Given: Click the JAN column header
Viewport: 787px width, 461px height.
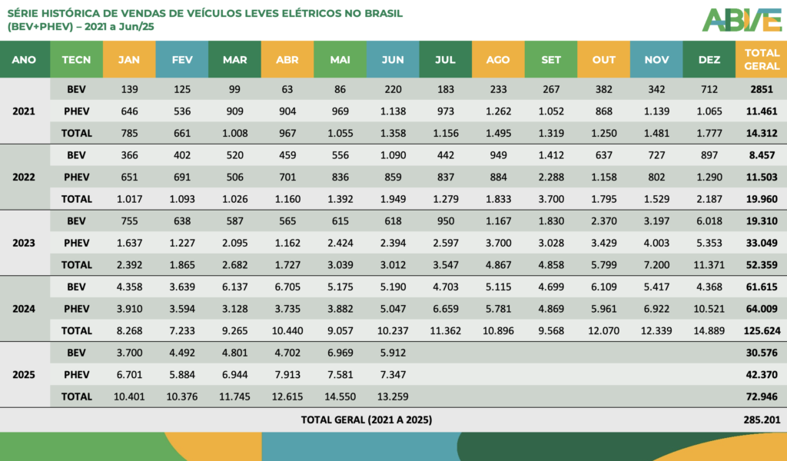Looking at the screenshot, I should point(128,59).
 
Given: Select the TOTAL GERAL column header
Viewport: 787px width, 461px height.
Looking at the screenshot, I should point(761,59).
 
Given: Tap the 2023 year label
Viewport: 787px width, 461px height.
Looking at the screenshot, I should point(24,243).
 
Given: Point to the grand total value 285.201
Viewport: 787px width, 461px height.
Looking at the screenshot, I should point(761,420).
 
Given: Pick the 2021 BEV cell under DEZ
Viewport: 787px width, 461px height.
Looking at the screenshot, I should point(708,89).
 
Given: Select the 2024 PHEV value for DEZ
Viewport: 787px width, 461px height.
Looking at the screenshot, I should point(708,309).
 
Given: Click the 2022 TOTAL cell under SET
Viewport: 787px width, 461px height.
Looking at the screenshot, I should point(550,199).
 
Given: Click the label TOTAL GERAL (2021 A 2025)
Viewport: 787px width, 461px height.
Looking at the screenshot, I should point(366,420).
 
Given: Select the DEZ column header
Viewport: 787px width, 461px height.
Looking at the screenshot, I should point(708,59).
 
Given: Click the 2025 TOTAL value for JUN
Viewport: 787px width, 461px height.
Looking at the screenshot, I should point(392,396).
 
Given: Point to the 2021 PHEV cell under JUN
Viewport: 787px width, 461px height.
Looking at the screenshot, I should point(392,111).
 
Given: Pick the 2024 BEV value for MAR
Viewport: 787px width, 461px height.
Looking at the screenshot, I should point(234,287).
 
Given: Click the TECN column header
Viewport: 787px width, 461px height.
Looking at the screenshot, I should point(76,59).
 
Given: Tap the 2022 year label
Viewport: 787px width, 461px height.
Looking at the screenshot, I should point(24,177).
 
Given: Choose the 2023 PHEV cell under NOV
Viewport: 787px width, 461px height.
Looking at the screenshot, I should point(656,243).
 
